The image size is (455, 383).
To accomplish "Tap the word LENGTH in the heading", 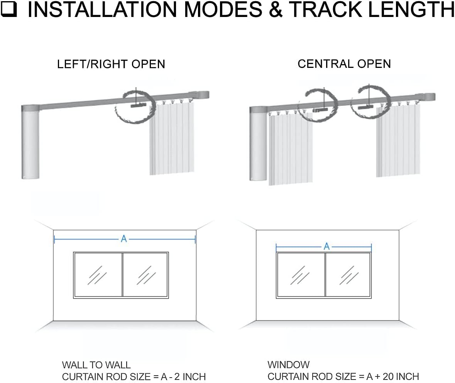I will (411, 10).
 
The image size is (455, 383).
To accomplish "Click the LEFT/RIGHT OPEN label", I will (111, 64).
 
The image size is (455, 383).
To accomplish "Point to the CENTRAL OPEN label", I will (344, 64).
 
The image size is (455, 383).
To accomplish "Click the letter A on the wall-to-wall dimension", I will (124, 239).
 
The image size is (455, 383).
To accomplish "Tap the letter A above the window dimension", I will (326, 246).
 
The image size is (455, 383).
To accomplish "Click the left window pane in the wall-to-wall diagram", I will (98, 275).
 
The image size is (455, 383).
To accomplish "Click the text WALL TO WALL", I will (96, 365).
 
